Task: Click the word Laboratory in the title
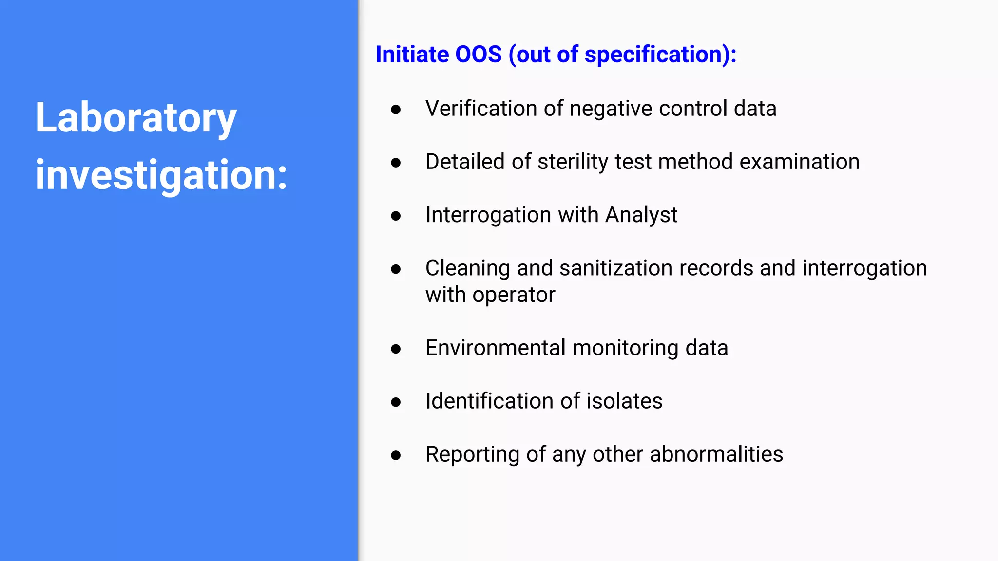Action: tap(135, 118)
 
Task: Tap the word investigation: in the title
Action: tap(161, 175)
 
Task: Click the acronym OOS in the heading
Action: tap(478, 54)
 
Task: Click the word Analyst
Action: tap(641, 215)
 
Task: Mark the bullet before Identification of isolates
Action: tap(396, 402)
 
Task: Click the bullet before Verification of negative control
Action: tap(396, 110)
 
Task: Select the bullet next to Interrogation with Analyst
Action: tap(396, 216)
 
